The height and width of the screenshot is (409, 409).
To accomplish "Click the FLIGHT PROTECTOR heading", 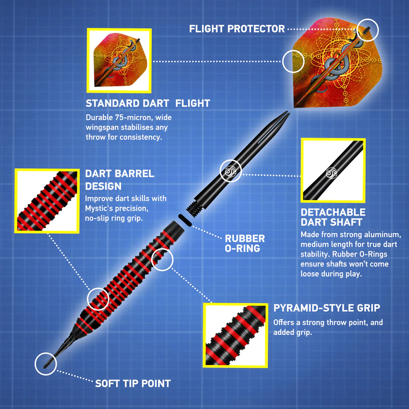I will coord(236,29).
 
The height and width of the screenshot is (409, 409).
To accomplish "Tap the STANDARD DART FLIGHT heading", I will coord(148,103).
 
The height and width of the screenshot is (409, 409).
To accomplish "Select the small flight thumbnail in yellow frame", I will coord(119,60).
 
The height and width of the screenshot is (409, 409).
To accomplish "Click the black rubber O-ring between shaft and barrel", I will coord(184,220).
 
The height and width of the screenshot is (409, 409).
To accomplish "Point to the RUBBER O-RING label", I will coord(244,243).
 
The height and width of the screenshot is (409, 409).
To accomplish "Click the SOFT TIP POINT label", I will coord(133,384).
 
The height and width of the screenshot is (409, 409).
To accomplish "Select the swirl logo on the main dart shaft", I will coord(230,171).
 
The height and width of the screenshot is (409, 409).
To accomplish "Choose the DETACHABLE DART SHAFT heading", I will coord(333,217).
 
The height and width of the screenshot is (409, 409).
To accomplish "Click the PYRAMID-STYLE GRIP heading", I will coord(326,308).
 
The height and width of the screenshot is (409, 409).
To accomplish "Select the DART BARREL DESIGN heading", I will coord(119,179).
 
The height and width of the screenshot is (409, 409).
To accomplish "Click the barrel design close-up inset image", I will coord(47,201).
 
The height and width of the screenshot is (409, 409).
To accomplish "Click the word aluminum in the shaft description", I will coord(383,234).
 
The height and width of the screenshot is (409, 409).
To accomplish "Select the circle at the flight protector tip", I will coord(367,29).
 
